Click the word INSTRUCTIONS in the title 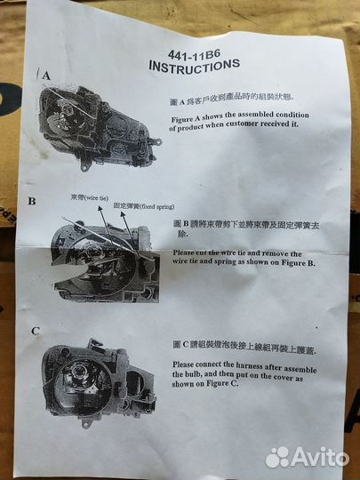point(194,66)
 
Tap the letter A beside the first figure point(45,76)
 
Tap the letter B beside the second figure point(32,202)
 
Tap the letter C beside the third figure point(35,331)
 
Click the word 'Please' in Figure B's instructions point(187,252)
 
